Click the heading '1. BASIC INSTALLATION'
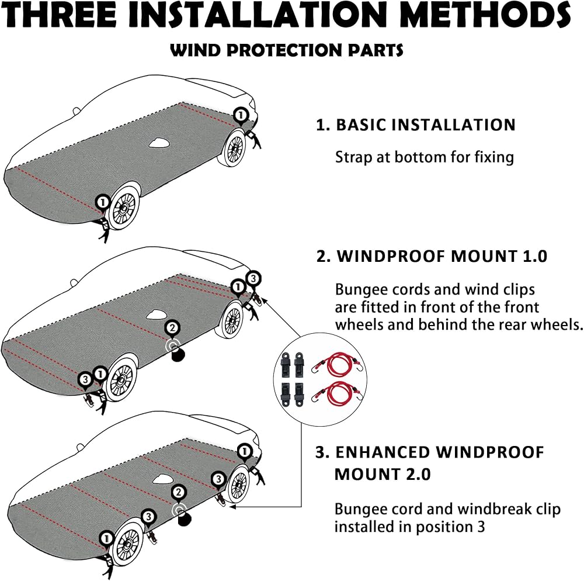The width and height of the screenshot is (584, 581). point(416,124)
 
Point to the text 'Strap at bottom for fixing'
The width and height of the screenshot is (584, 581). point(424,157)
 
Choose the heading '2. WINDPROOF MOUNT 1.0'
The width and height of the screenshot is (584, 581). point(432,256)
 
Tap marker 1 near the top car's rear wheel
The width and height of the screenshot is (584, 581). point(240,115)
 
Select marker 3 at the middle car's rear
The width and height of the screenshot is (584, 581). point(252,279)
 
